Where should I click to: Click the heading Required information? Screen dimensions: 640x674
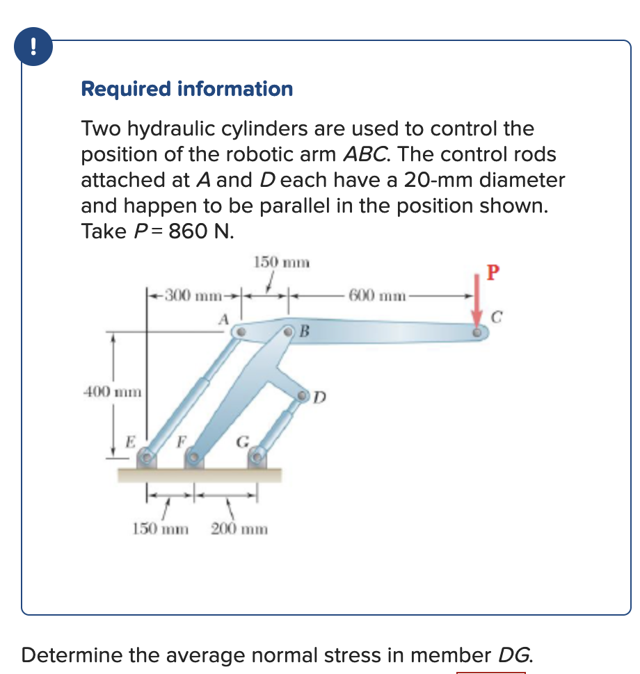[x=187, y=89]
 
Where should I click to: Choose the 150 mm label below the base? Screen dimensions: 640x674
[x=161, y=529]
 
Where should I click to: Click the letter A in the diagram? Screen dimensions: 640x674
[x=223, y=319]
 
